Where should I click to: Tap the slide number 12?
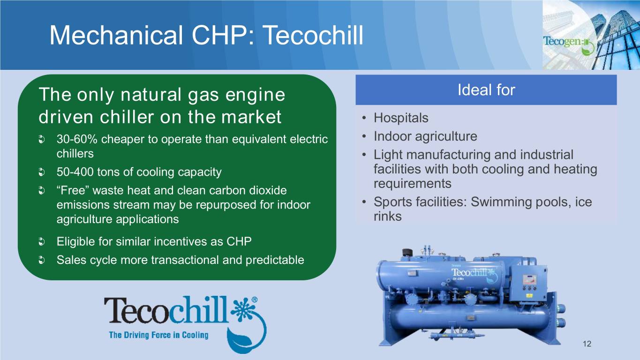coord(587,344)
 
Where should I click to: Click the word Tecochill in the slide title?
coord(313,35)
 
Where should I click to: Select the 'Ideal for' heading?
coord(486,90)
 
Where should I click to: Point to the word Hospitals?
coord(401,118)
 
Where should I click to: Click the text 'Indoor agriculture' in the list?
coord(425,136)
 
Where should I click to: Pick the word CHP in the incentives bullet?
coord(239,241)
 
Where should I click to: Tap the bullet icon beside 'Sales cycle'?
coord(42,260)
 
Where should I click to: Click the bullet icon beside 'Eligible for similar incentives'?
coord(42,242)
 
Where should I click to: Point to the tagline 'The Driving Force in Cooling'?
coord(158,335)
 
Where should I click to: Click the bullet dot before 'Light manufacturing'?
coord(364,155)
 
